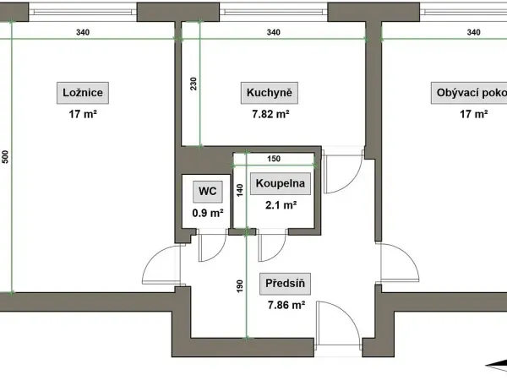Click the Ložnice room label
click(83, 93)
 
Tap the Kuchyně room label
click(270, 93)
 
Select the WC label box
click(208, 192)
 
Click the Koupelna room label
click(281, 183)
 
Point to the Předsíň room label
click(286, 284)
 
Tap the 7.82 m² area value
click(270, 114)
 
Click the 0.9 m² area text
click(208, 213)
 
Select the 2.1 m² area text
click(281, 205)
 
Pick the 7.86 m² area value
click(286, 305)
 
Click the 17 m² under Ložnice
click(83, 114)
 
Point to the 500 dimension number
click(5, 157)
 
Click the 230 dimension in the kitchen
click(194, 84)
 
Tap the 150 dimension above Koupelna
click(274, 159)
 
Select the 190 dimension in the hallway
click(240, 286)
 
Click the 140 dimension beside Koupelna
click(240, 190)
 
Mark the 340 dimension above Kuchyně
click(274, 32)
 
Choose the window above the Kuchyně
click(274, 12)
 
